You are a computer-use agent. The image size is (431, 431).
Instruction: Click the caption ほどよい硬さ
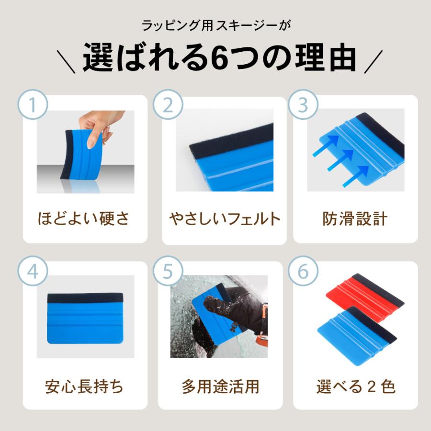tap(84, 219)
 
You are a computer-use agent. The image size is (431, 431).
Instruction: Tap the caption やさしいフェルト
tap(224, 219)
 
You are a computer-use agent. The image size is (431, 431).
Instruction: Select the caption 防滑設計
tap(355, 219)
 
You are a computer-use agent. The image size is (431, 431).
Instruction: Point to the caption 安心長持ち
tap(84, 386)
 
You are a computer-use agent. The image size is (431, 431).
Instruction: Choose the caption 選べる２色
tap(355, 386)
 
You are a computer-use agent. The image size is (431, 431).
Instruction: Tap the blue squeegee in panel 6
tap(354, 330)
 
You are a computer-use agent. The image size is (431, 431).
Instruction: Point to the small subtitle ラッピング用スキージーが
tap(215, 24)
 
